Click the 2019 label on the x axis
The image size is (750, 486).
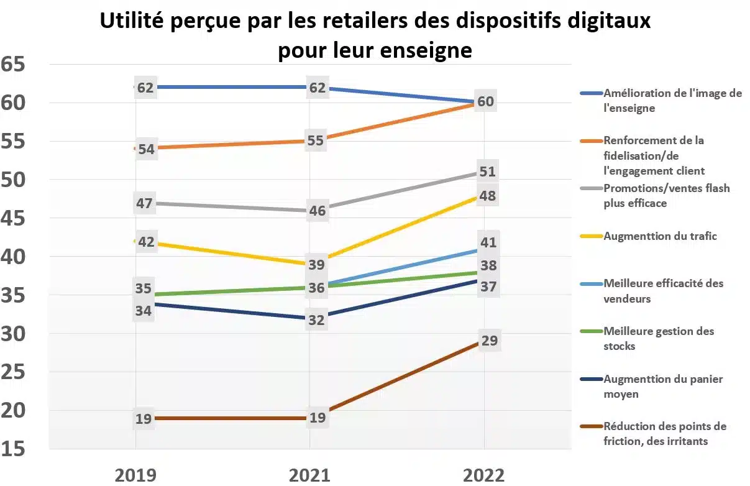point(136,475)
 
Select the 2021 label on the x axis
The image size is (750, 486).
point(309,475)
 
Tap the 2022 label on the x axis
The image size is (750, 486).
point(484,475)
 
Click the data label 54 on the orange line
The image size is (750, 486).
point(145,149)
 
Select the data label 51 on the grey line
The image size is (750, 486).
point(487,172)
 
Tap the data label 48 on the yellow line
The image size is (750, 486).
point(487,196)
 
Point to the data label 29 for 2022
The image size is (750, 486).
point(488,341)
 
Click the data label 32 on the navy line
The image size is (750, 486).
point(317,321)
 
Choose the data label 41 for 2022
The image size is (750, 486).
point(488,243)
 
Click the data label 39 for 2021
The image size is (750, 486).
point(317,265)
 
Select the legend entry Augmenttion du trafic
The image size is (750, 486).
point(660,236)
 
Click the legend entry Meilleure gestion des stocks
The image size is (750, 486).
point(659,339)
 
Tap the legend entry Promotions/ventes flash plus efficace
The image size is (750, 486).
point(666,196)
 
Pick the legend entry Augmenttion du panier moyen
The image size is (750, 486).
point(664,386)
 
